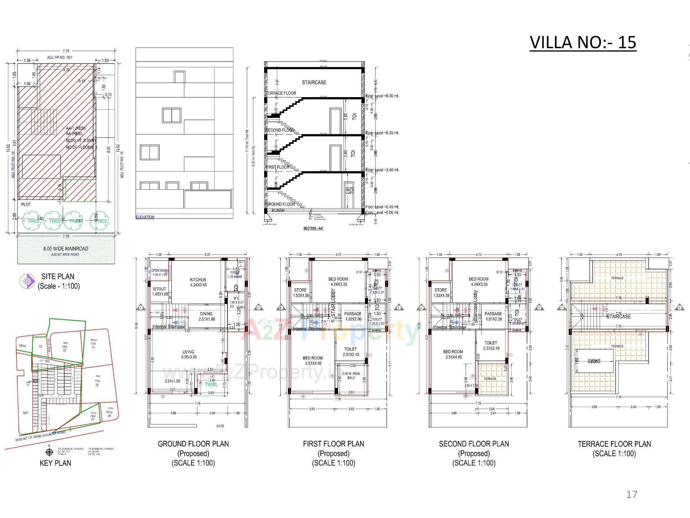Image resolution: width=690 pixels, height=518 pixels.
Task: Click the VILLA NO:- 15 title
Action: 583,42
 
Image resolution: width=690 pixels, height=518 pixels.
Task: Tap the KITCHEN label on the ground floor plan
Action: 198,280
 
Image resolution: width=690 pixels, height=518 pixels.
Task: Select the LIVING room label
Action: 188,352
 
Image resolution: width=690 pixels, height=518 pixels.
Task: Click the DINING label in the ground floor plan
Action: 206,314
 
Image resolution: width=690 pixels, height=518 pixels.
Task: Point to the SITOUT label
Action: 160,289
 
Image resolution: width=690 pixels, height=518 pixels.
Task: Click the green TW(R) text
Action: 211,384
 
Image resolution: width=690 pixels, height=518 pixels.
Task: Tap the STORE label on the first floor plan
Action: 300,290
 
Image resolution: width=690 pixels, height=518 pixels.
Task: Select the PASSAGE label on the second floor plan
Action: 493,314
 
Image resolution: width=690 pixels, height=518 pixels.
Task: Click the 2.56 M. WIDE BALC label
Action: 351,376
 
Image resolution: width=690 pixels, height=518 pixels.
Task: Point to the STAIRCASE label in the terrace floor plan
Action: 618,317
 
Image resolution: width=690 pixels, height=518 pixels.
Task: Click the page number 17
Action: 631,495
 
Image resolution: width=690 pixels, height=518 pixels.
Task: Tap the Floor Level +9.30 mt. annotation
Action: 382,96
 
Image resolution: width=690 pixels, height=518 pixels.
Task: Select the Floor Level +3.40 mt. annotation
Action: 382,170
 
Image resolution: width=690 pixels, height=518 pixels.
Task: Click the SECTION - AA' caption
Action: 313,228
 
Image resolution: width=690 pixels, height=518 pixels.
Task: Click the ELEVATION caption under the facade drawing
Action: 145,217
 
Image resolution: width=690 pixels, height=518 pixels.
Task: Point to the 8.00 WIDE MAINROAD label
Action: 66,249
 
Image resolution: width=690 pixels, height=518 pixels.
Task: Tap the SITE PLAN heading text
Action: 58,277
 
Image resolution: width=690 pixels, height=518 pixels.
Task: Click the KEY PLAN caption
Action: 55,463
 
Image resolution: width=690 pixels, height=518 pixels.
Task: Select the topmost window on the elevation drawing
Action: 179,77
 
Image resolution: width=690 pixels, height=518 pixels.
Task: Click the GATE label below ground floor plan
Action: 220,426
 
